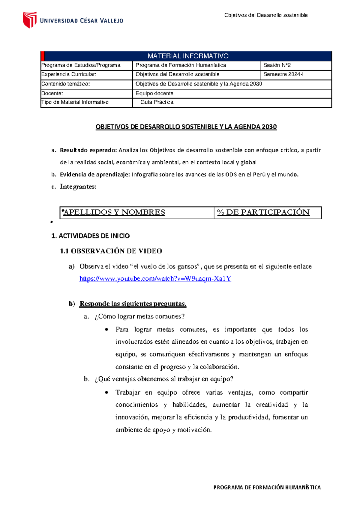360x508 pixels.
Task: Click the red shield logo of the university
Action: pos(30,20)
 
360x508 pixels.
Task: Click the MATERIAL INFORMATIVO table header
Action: pos(188,56)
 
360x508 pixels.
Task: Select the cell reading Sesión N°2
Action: pos(277,65)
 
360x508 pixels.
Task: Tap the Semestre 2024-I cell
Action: pos(283,74)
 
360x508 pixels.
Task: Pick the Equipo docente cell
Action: pos(154,94)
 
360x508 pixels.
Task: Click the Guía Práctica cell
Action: pos(157,102)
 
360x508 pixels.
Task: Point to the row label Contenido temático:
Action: pos(66,84)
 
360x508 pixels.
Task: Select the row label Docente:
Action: pos(52,94)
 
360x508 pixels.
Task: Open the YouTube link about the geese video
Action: pos(155,279)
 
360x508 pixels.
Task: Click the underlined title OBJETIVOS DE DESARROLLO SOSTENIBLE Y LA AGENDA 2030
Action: pos(186,127)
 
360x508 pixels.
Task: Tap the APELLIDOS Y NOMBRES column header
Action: pos(114,212)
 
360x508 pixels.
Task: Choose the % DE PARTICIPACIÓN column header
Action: pos(263,212)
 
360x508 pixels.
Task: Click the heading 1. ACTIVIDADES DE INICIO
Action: pos(91,236)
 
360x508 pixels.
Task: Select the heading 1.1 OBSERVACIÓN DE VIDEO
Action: pos(111,251)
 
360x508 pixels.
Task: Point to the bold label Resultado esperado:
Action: pos(88,150)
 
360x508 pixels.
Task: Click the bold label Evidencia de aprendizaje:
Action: pos(95,175)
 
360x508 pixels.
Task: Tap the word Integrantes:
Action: pos(78,187)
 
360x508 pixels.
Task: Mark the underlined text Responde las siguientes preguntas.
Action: pos(133,304)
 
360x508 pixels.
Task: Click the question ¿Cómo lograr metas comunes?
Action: pos(139,316)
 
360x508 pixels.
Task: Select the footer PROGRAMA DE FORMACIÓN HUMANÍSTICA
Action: pos(267,487)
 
